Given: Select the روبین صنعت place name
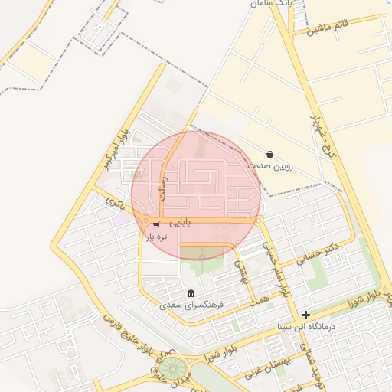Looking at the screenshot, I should pos(270,165).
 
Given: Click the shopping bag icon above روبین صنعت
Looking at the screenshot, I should pos(269,154).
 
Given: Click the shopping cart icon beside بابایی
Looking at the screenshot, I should pos(156,224).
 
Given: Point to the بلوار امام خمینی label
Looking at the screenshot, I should pos(276,269).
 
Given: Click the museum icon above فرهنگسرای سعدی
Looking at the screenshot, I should pos(190,293).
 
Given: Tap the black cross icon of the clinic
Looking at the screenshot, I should pos(305,315).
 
